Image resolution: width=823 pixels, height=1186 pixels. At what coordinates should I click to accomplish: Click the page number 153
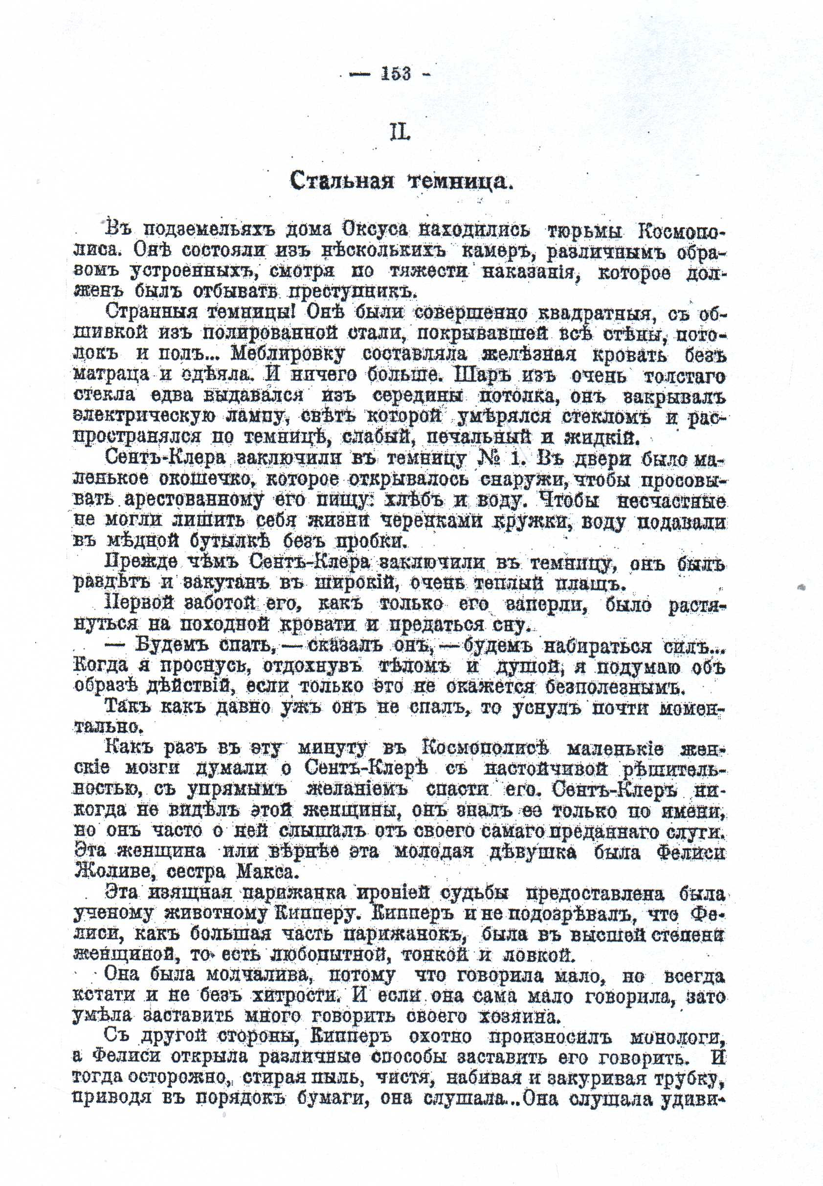pyautogui.click(x=396, y=74)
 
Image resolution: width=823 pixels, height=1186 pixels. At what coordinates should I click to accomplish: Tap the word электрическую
pyautogui.click(x=136, y=416)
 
